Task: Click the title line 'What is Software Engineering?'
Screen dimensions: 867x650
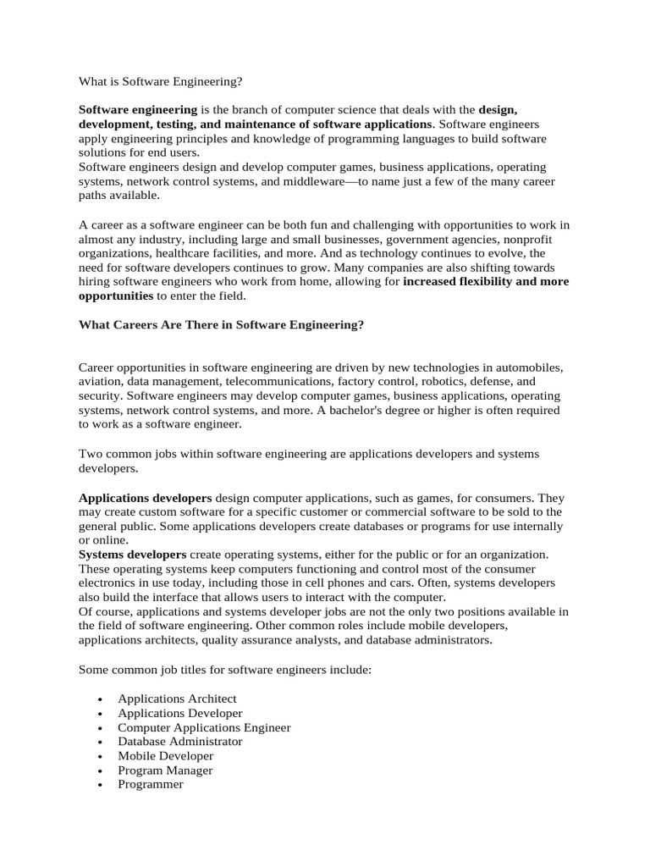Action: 161,81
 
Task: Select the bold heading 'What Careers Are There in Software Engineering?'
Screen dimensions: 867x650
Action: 221,325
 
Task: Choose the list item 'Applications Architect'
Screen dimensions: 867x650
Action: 177,699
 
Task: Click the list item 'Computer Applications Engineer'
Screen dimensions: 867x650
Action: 204,727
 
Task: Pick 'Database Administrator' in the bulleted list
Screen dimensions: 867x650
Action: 180,742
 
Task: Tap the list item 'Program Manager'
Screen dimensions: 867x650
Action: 165,770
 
